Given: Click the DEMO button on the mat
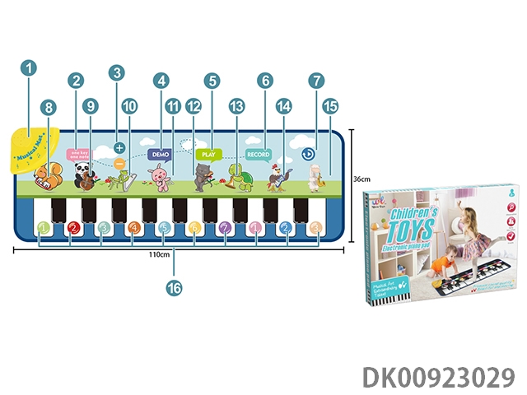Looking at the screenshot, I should coord(160,154).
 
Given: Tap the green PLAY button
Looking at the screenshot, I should coord(210,153).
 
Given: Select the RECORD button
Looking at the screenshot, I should coord(258,154).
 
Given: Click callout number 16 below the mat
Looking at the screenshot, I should coord(173,287).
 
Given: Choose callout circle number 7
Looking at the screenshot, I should coord(315,81).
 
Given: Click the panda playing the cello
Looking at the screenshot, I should coord(83,174).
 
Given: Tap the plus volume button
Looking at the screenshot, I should coord(119,148).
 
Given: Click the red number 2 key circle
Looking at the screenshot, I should coord(73,229).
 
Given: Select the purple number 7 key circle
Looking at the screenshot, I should coord(224,229).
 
